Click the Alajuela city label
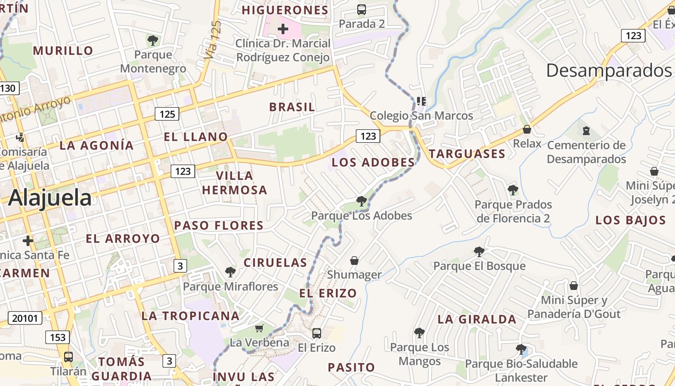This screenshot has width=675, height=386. point(50,198)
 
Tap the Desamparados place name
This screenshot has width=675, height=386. point(609,71)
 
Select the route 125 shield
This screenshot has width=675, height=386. point(167,114)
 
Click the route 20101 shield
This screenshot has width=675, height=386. point(25,318)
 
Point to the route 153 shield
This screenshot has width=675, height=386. point(57,337)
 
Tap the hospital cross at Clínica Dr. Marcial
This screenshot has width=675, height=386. point(283,29)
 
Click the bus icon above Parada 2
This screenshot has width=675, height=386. point(362,9)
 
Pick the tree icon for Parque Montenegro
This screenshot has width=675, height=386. point(153,40)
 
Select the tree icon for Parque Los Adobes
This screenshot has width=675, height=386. point(361,201)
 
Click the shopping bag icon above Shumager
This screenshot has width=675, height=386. point(354,261)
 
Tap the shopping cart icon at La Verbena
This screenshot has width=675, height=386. point(259,329)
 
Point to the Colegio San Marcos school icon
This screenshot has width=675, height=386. point(421,101)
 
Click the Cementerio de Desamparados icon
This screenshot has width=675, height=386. point(586,130)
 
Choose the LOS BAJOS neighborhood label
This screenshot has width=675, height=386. point(631,220)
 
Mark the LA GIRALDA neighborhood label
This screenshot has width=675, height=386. point(477,319)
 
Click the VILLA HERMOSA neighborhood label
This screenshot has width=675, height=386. point(235,183)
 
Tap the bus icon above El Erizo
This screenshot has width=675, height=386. point(317,333)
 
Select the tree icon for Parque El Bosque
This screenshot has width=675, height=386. point(479,251)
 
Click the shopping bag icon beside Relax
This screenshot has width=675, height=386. point(527,129)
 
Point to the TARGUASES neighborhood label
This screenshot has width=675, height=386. point(467,154)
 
